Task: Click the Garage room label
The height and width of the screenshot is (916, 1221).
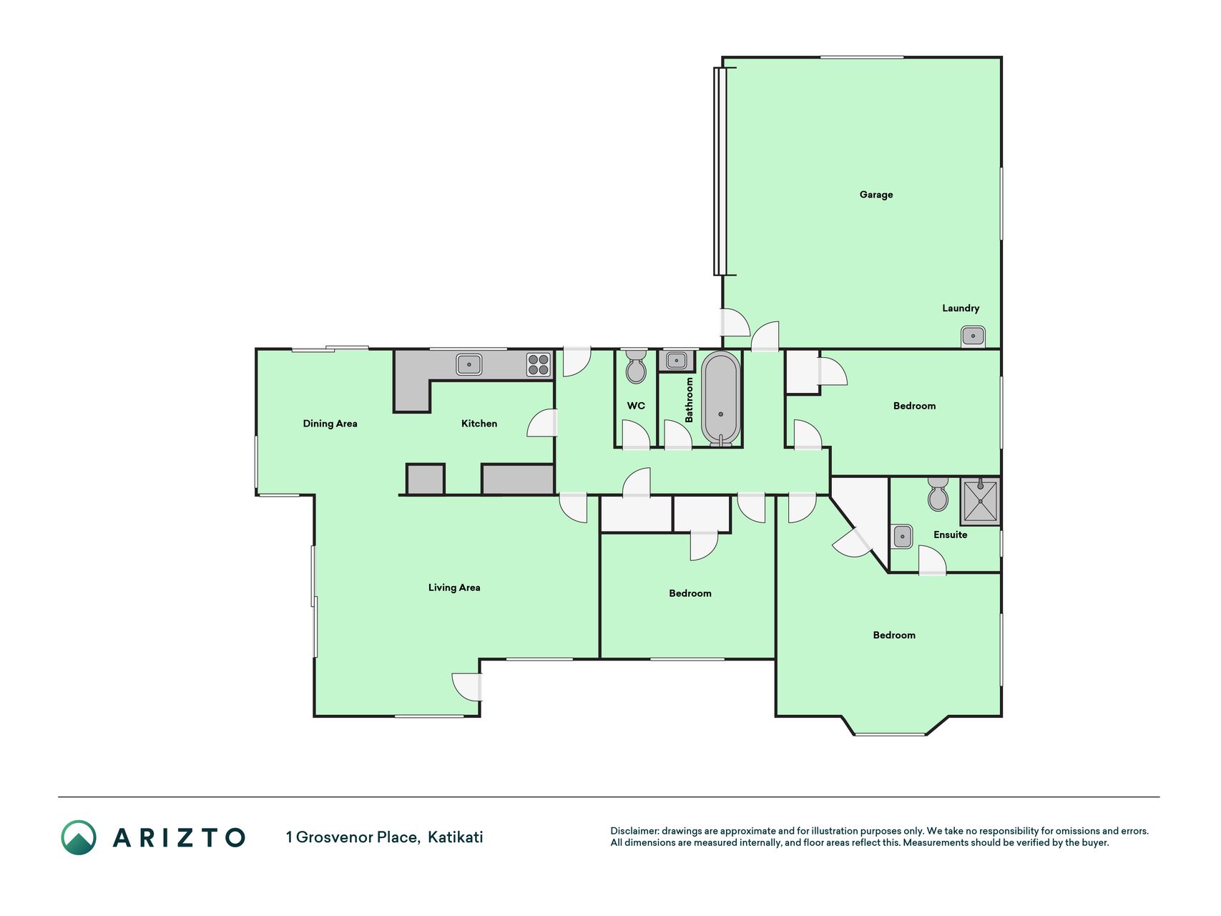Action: (876, 195)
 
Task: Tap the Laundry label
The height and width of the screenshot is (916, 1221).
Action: (961, 308)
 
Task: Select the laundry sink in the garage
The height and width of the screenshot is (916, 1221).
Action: (973, 336)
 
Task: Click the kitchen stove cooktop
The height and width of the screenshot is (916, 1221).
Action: (539, 365)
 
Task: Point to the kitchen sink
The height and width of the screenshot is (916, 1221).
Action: (469, 364)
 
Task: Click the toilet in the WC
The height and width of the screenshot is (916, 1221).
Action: (636, 366)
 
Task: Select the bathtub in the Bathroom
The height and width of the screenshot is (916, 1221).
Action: (720, 399)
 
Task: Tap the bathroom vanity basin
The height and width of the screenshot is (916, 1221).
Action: (677, 360)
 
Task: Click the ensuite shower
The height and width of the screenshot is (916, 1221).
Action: (980, 501)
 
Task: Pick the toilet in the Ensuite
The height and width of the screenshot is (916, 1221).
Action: (938, 494)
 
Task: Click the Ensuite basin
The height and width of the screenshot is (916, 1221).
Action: (903, 536)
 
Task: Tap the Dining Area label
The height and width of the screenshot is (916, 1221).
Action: (330, 424)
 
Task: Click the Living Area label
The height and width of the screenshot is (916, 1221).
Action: (454, 588)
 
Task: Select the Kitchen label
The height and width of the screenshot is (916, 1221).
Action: (479, 424)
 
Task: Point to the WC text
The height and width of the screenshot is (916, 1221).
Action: (636, 406)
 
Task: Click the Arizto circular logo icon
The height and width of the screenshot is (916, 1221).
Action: (79, 837)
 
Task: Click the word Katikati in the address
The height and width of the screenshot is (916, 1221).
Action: (456, 837)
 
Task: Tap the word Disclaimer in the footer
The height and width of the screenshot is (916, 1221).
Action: (634, 831)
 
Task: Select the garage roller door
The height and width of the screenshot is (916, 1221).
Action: (720, 171)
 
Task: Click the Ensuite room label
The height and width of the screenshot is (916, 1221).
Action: (950, 535)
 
